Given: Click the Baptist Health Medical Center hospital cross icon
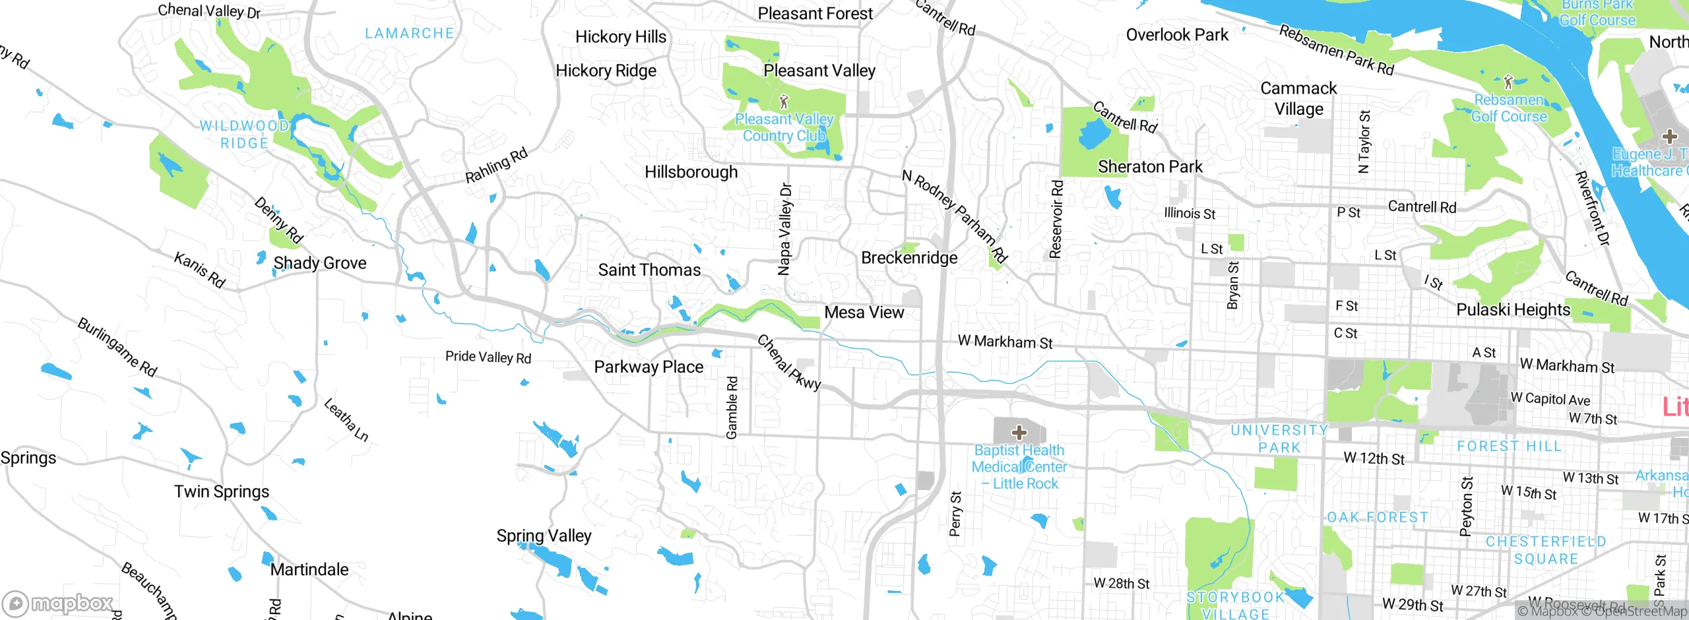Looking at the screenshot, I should [1019, 433].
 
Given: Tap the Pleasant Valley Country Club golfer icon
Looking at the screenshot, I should [784, 102].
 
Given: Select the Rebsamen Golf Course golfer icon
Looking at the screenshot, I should [1508, 82].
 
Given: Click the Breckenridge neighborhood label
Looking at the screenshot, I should [909, 258].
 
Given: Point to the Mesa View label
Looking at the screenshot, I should [864, 313].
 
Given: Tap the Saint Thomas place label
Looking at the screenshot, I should [649, 270].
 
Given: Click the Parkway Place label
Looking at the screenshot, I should [649, 367].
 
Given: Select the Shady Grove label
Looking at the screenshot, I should [320, 263].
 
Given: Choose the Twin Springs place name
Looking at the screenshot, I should [222, 491].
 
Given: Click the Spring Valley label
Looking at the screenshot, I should [544, 536].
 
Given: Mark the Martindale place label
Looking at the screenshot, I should [309, 569].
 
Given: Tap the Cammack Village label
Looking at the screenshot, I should [1298, 98].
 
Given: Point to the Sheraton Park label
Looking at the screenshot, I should [1150, 167].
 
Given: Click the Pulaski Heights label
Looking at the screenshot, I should [1513, 309].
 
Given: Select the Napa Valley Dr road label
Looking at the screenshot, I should [784, 229].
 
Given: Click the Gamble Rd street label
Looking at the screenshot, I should [732, 408].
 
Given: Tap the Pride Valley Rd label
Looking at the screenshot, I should [488, 357].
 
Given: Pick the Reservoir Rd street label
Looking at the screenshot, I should [1056, 219].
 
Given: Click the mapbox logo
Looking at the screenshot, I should [58, 603].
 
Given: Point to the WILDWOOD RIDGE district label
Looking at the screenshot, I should [244, 134].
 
